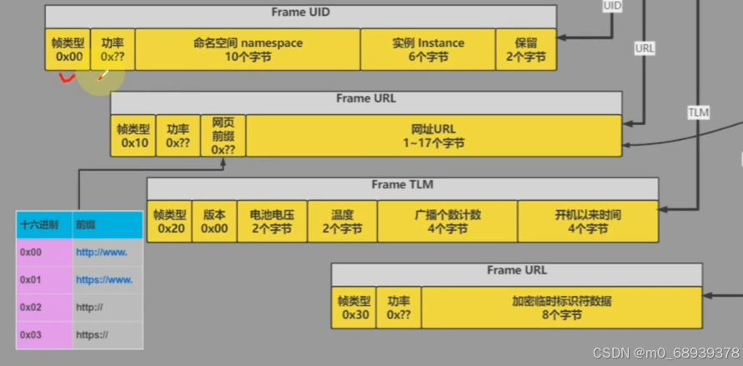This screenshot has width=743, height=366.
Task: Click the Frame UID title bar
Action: point(300,14)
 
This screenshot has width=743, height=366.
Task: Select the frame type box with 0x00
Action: point(68,50)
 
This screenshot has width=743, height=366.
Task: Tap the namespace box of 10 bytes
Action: point(248,50)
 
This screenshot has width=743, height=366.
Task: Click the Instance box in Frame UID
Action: point(428,50)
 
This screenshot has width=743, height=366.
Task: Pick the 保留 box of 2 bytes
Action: point(525,50)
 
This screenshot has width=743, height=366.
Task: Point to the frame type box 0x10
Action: point(133,136)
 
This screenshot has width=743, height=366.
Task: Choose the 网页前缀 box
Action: point(223,136)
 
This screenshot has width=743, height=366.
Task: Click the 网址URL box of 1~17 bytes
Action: point(434,136)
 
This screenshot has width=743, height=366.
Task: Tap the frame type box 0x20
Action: point(169,221)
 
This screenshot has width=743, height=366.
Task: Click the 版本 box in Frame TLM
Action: point(214,221)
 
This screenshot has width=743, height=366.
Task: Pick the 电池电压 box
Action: point(272,221)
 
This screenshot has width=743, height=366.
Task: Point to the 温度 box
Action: point(342,221)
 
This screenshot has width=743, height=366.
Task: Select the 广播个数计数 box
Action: point(447,221)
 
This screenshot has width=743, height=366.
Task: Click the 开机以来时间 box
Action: point(587,221)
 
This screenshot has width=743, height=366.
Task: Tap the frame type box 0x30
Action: point(354,308)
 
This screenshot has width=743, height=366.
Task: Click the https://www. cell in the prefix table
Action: point(107,279)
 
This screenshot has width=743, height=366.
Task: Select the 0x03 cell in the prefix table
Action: point(43,335)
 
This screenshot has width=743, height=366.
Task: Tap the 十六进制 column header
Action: point(43,225)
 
